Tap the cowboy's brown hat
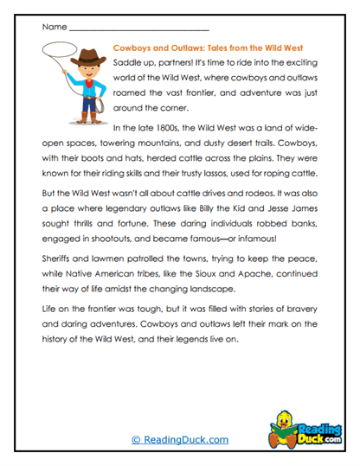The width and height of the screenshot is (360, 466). coord(90,58)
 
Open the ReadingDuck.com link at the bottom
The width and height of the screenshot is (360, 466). coord(180,440)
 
